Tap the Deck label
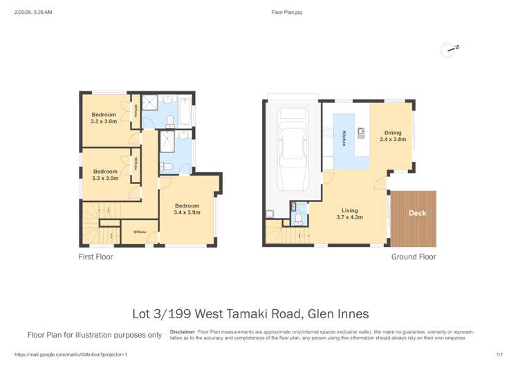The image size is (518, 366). (x=417, y=213)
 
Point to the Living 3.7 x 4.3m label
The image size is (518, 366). (x=349, y=214)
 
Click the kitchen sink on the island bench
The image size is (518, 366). (x=360, y=131)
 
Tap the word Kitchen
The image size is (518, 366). (x=344, y=138)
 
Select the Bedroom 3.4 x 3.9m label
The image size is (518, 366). (x=187, y=209)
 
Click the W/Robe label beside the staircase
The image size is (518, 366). (x=140, y=232)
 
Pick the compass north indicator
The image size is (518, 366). (x=450, y=50)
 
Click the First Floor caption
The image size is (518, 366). (x=95, y=257)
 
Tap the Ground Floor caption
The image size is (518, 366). (x=414, y=257)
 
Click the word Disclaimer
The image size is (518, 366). (x=183, y=331)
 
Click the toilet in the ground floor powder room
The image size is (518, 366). (x=298, y=218)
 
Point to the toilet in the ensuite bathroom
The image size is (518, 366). (x=167, y=165)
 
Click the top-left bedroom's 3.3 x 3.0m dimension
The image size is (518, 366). (x=104, y=121)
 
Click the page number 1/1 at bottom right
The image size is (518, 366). (x=499, y=354)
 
